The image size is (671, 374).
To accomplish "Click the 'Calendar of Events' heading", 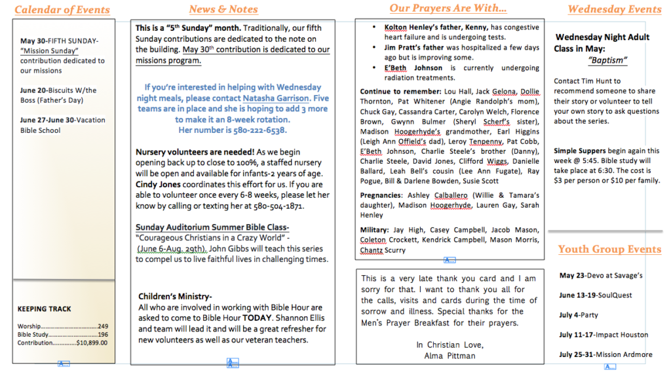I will click(62, 10).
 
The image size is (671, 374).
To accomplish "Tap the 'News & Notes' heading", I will click(223, 9).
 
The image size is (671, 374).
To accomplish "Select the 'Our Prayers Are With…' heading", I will click(448, 9).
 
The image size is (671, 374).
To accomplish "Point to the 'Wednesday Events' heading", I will click(615, 9).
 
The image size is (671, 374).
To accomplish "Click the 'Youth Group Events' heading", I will click(609, 250).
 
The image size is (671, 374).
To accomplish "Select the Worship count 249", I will click(102, 326).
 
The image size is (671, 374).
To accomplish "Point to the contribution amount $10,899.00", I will click(92, 343).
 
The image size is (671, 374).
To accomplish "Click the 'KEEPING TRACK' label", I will click(45, 309).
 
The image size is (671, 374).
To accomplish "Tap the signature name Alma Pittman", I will click(450, 356).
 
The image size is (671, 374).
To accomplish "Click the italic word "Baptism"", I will click(607, 60).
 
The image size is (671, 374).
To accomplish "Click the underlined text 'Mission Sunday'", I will click(50, 51).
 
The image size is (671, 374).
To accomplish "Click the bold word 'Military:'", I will click(375, 230).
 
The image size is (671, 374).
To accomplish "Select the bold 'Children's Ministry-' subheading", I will click(175, 297).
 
